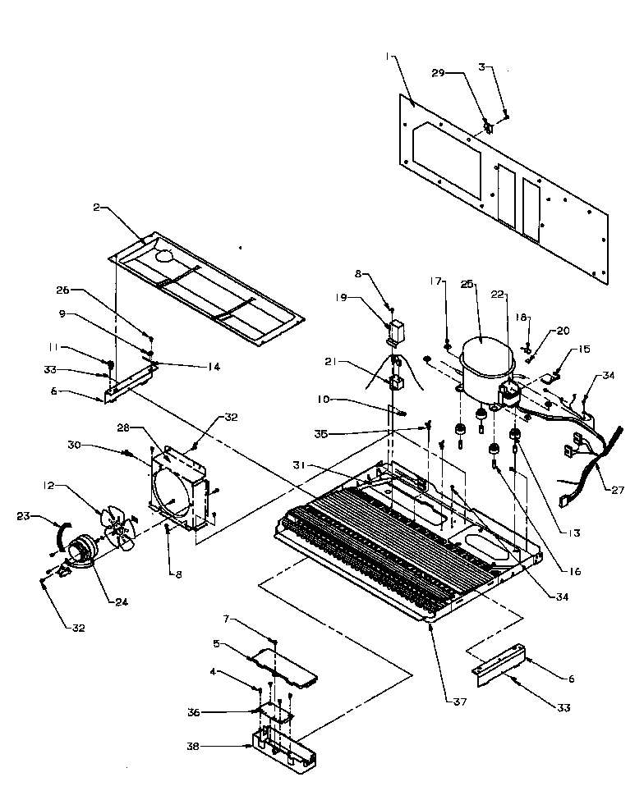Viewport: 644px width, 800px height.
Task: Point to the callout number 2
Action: pos(96,208)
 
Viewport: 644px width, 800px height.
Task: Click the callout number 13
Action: pos(573,533)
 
